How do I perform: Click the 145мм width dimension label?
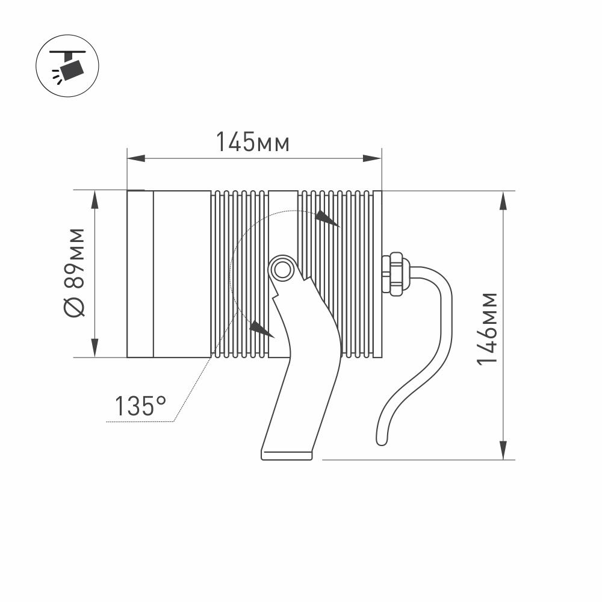click(253, 142)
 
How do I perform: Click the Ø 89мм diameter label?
click(73, 273)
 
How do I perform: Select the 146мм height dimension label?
click(487, 329)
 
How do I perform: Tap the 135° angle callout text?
click(140, 406)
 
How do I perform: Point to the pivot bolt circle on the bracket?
click(282, 270)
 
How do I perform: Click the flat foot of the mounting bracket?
click(287, 455)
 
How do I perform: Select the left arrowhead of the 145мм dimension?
click(136, 158)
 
